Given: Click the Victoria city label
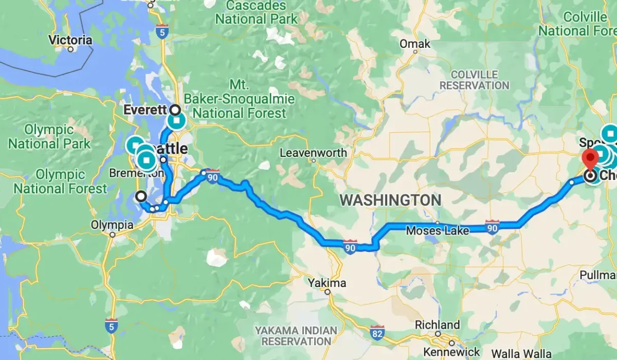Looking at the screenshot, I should pos(70,40).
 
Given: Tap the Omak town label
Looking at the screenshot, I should pos(415,44).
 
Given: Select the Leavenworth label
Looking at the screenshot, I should pos(314,153).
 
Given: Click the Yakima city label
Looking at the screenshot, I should pos(328,283).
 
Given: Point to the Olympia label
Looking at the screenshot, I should pos(112,225).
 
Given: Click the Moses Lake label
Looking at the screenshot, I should pos(437,231).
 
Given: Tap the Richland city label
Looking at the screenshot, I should pos(438,325).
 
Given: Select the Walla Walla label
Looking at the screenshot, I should pos(521,354).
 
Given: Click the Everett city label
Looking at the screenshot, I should pos(146,110).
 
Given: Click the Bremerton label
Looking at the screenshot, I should pos(136,173).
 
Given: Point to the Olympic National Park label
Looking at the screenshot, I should pos(49,136).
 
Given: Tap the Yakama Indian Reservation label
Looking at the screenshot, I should pos(297,335).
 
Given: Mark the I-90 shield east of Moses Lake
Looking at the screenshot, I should pos(492,226).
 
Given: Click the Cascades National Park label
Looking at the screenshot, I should pos(256,13).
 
